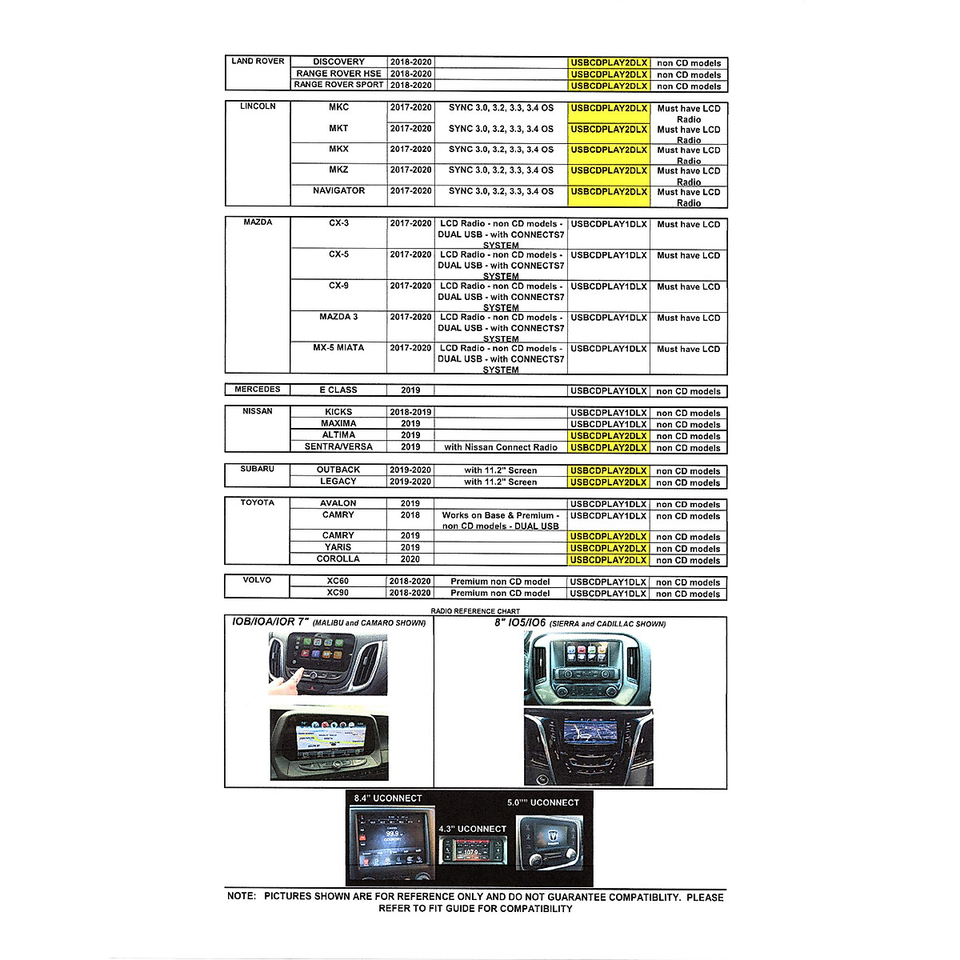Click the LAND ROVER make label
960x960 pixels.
click(x=258, y=61)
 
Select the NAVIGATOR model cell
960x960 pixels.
click(x=338, y=191)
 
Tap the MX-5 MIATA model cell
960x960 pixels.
click(x=338, y=348)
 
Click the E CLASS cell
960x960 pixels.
click(x=338, y=390)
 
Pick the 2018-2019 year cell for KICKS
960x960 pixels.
click(x=410, y=413)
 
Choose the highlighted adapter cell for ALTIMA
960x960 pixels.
click(x=609, y=436)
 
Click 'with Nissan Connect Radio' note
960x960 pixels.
click(x=501, y=447)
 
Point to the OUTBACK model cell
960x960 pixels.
click(x=338, y=470)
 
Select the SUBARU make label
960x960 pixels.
click(x=258, y=470)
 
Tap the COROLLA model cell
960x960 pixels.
click(x=338, y=559)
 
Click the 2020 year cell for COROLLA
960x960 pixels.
click(x=410, y=559)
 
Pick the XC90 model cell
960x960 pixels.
click(x=338, y=593)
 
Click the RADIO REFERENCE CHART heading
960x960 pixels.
click(x=475, y=611)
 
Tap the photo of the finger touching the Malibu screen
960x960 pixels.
click(x=328, y=663)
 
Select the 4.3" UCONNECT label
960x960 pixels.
click(x=472, y=829)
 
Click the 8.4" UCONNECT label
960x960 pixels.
click(x=388, y=798)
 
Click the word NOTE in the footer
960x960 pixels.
click(x=242, y=897)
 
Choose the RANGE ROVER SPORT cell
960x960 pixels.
click(x=338, y=85)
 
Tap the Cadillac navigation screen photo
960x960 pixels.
click(x=588, y=748)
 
